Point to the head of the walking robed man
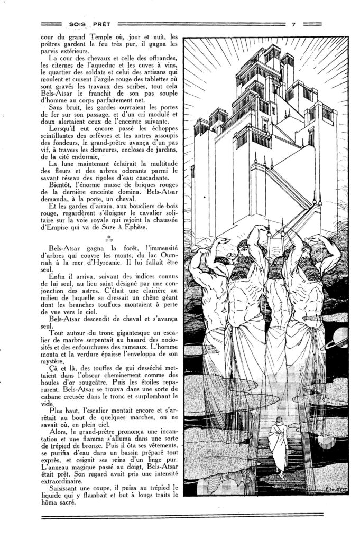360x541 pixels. [276, 425]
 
